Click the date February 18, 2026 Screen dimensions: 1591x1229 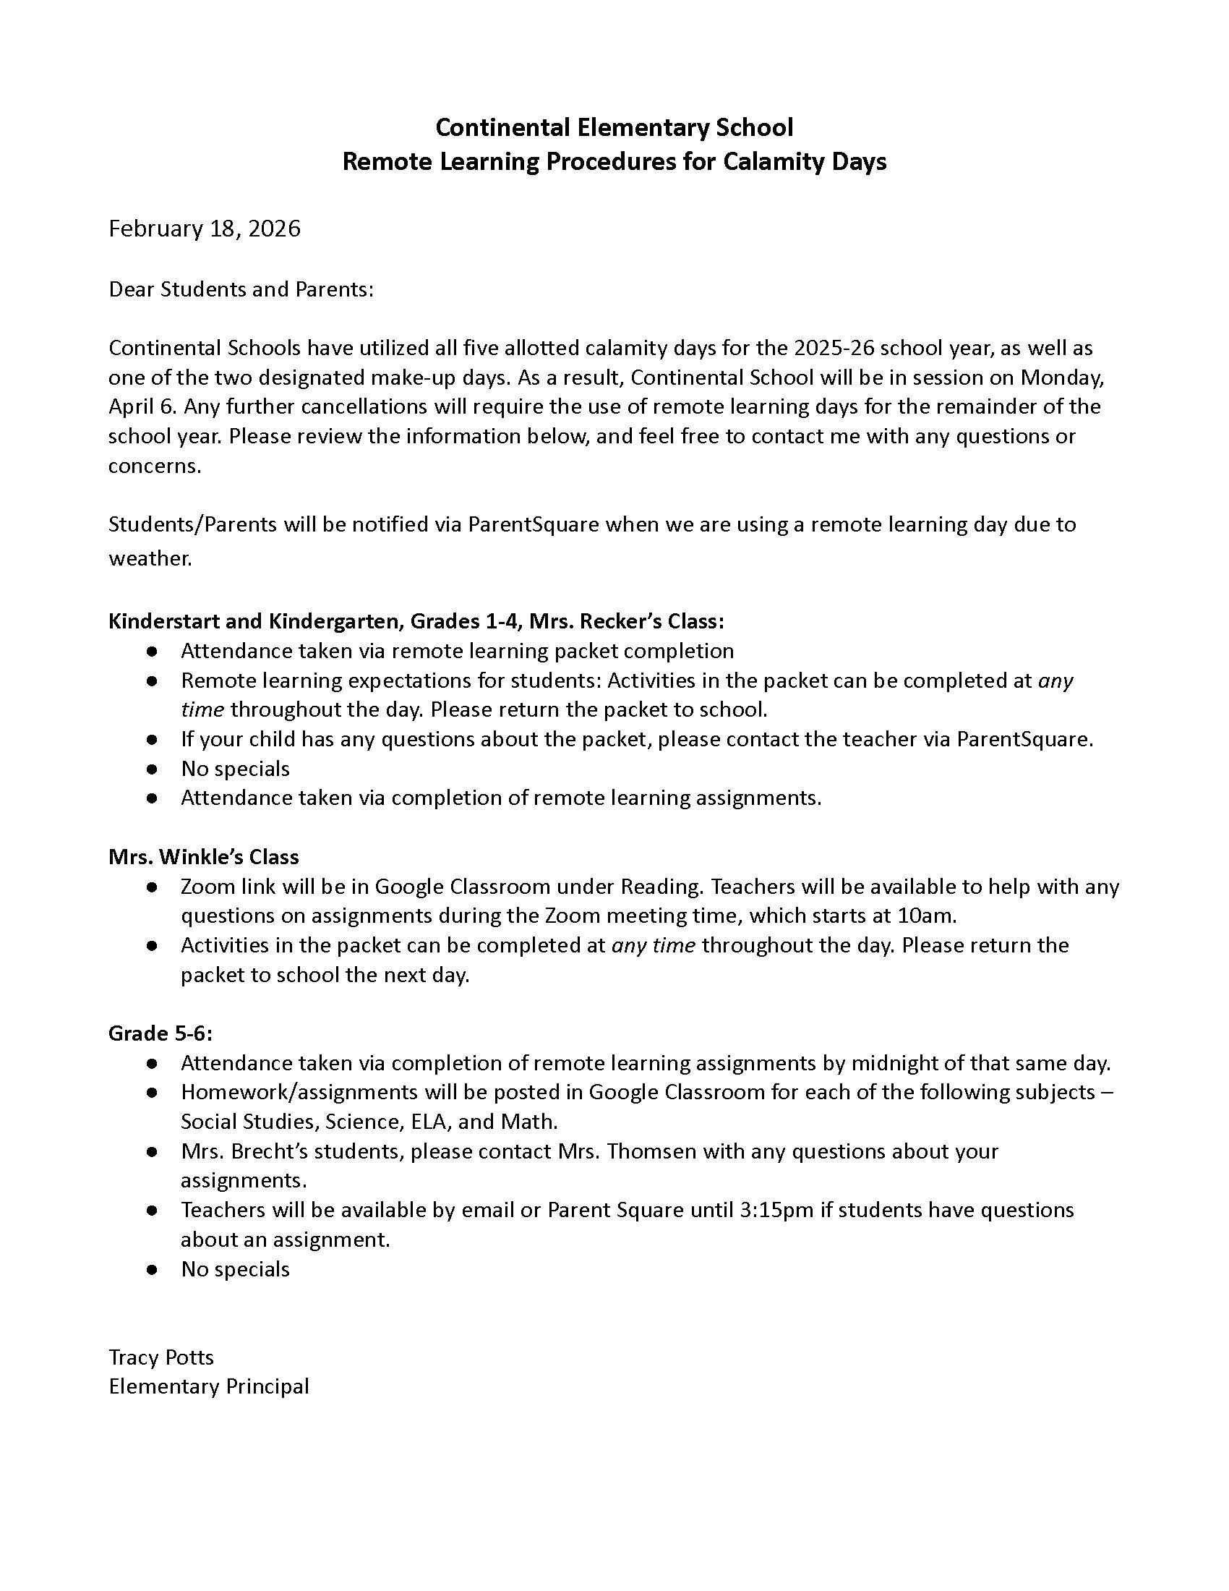point(205,229)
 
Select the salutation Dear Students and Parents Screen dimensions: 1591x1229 point(240,289)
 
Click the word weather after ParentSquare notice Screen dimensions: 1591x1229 point(150,558)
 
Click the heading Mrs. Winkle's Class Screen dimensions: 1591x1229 point(204,857)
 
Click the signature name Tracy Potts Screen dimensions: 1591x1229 point(161,1357)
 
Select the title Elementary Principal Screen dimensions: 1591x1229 point(209,1386)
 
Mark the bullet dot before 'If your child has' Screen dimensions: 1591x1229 point(152,739)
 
